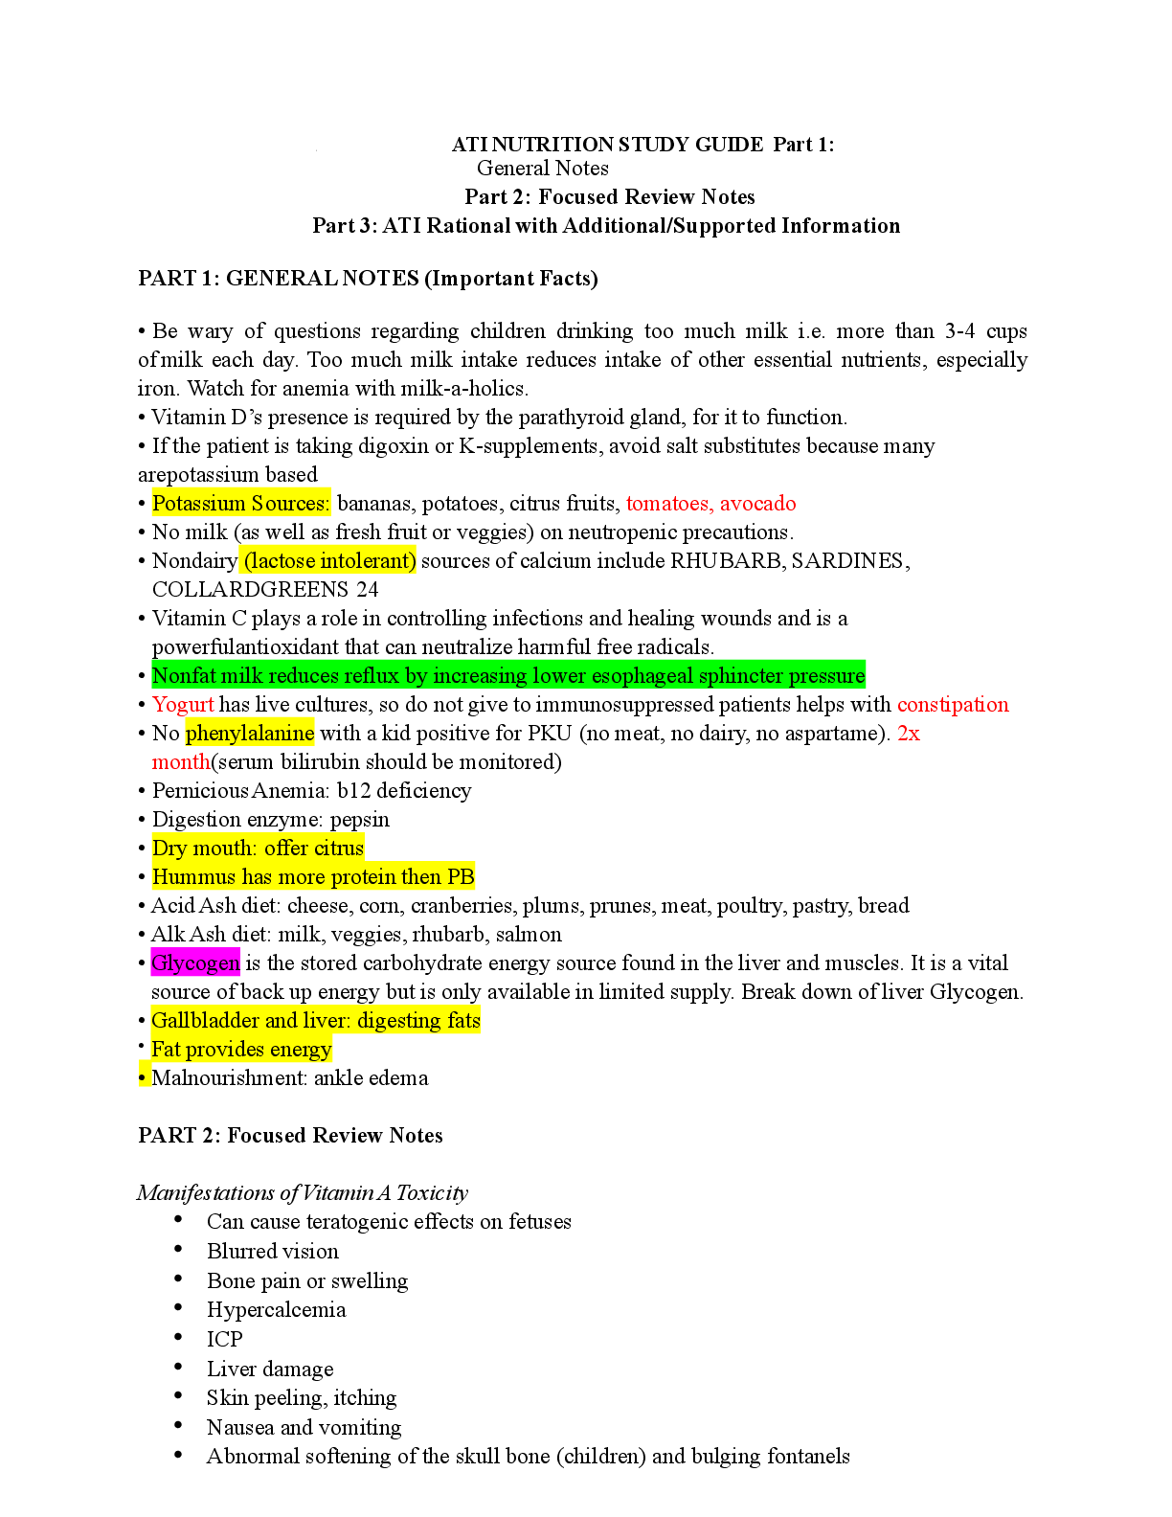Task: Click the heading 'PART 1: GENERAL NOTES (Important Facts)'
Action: tap(368, 279)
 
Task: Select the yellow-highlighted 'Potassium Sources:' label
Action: tap(240, 504)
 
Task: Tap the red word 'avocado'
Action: tap(757, 504)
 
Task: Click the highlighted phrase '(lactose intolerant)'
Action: tap(329, 561)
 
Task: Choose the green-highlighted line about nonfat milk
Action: tap(507, 676)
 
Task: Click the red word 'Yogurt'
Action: tap(183, 705)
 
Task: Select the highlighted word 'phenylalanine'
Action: tap(249, 734)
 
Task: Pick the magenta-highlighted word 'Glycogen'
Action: tap(195, 963)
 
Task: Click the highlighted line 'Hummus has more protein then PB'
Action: tap(313, 877)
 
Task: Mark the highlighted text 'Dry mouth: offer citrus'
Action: tap(258, 849)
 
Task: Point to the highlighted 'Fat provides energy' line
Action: tap(241, 1050)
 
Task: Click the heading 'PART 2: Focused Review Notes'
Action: tap(290, 1136)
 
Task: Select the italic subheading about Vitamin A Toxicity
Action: tap(302, 1193)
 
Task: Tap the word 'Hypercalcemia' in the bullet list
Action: tap(276, 1310)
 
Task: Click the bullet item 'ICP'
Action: tap(224, 1340)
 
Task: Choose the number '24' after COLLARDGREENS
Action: tap(367, 590)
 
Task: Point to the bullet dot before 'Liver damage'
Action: tap(178, 1367)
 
